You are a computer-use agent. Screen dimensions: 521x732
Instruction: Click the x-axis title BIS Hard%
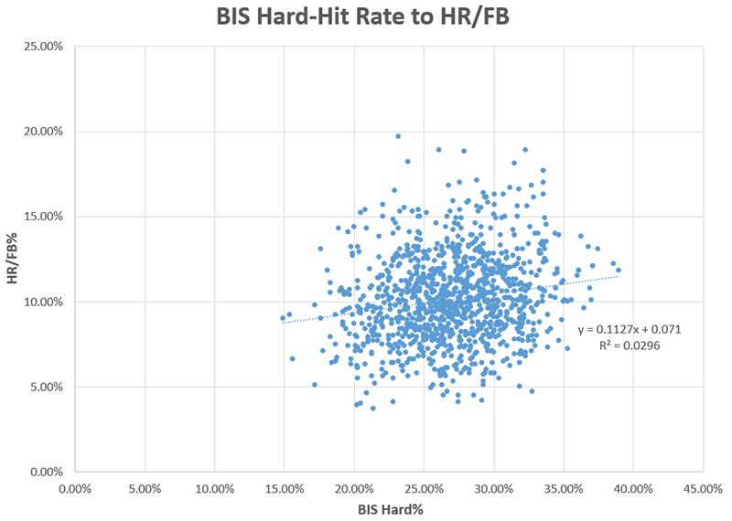(388, 510)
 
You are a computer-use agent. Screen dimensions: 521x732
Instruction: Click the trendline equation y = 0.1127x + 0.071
(629, 329)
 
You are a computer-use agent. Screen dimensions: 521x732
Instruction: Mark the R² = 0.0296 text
(629, 346)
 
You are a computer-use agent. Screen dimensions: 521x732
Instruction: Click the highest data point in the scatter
(398, 136)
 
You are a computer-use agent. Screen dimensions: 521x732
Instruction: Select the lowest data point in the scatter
(372, 408)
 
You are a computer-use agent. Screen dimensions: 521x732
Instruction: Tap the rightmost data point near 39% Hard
(619, 270)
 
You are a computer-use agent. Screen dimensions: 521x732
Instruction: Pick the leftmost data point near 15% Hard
(284, 318)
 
